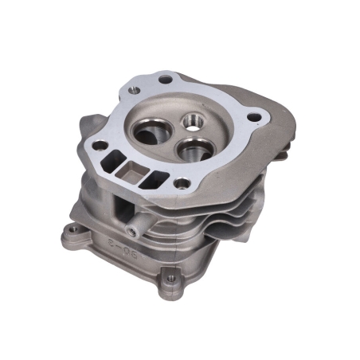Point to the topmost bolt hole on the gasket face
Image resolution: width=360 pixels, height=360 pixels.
pyautogui.click(x=165, y=79)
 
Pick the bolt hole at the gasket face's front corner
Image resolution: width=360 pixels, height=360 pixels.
pyautogui.click(x=182, y=185)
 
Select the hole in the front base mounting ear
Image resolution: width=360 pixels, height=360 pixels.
pyautogui.click(x=170, y=280)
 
